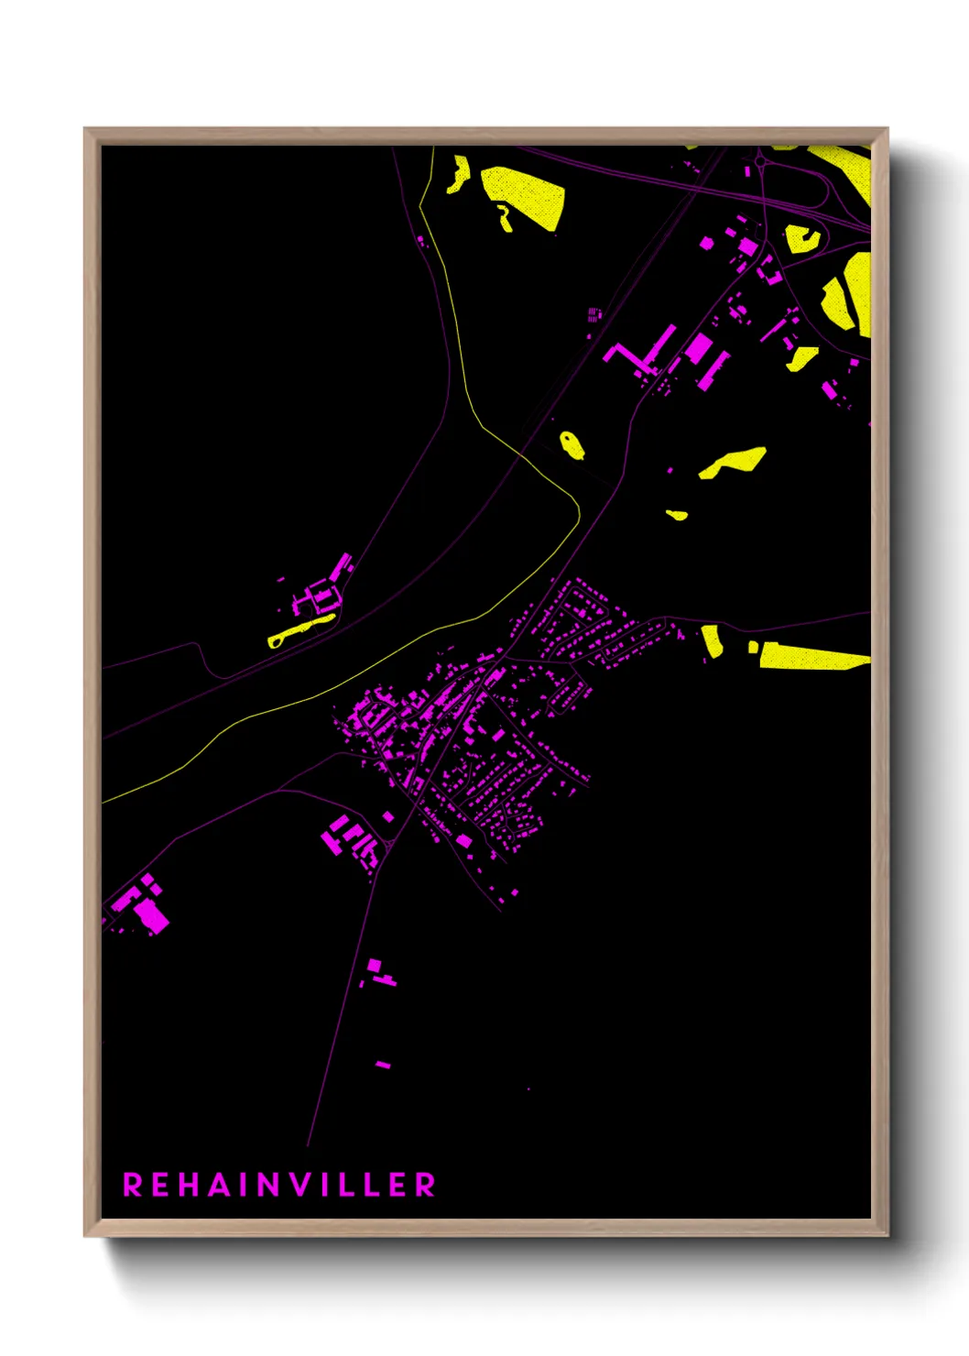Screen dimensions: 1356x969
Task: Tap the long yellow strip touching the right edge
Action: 811,656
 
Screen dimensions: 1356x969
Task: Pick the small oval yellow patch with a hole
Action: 572,445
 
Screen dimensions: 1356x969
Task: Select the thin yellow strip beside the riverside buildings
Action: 300,629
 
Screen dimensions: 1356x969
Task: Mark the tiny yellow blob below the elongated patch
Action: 677,515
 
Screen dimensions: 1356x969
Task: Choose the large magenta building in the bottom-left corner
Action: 151,915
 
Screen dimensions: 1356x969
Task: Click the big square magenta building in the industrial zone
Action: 698,347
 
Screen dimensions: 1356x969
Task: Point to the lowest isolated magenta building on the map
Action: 383,1065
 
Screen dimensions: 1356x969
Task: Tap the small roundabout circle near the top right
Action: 759,161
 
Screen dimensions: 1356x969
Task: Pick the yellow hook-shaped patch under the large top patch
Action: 504,218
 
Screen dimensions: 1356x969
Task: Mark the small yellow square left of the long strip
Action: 753,648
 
